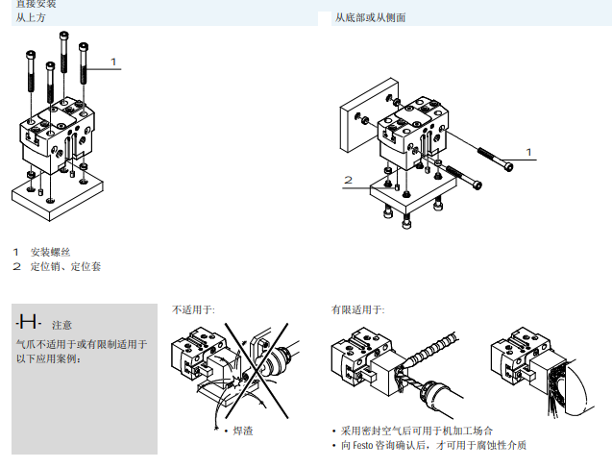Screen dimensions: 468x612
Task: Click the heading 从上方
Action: tap(31, 18)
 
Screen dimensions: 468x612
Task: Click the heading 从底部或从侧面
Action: tap(369, 18)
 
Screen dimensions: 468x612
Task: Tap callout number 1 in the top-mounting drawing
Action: tap(113, 62)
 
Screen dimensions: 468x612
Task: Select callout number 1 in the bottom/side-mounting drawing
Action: tap(527, 151)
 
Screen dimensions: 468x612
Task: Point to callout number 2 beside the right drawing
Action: tap(348, 180)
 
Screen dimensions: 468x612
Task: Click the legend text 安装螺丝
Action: tap(51, 252)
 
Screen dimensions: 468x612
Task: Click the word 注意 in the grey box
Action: tap(61, 325)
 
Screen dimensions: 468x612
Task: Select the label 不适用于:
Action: tap(193, 309)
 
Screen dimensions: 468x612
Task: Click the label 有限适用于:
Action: tap(357, 309)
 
